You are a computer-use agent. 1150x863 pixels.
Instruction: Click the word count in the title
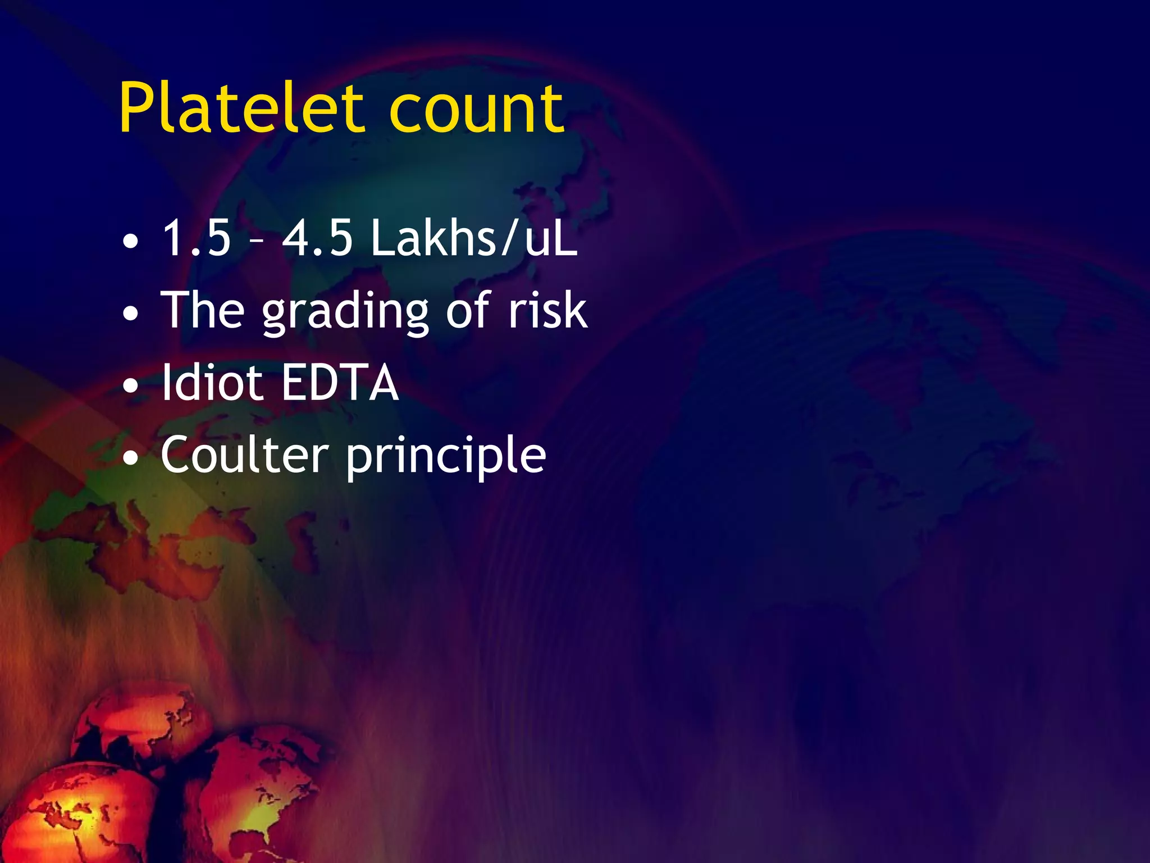(476, 110)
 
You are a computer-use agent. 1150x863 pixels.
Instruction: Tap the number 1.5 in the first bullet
(197, 238)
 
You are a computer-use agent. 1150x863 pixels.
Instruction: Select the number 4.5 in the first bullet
(317, 238)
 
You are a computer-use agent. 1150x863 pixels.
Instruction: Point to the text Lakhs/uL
(473, 238)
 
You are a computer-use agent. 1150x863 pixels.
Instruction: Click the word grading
(346, 312)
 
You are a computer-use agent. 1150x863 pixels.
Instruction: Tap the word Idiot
(212, 383)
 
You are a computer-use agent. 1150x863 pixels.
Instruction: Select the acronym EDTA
(340, 383)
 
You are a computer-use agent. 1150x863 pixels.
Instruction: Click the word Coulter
(245, 455)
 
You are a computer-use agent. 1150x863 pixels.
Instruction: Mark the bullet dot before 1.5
(131, 242)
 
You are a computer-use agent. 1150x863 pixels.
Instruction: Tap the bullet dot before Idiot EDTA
(131, 386)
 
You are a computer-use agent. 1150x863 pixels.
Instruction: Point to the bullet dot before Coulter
(131, 458)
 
